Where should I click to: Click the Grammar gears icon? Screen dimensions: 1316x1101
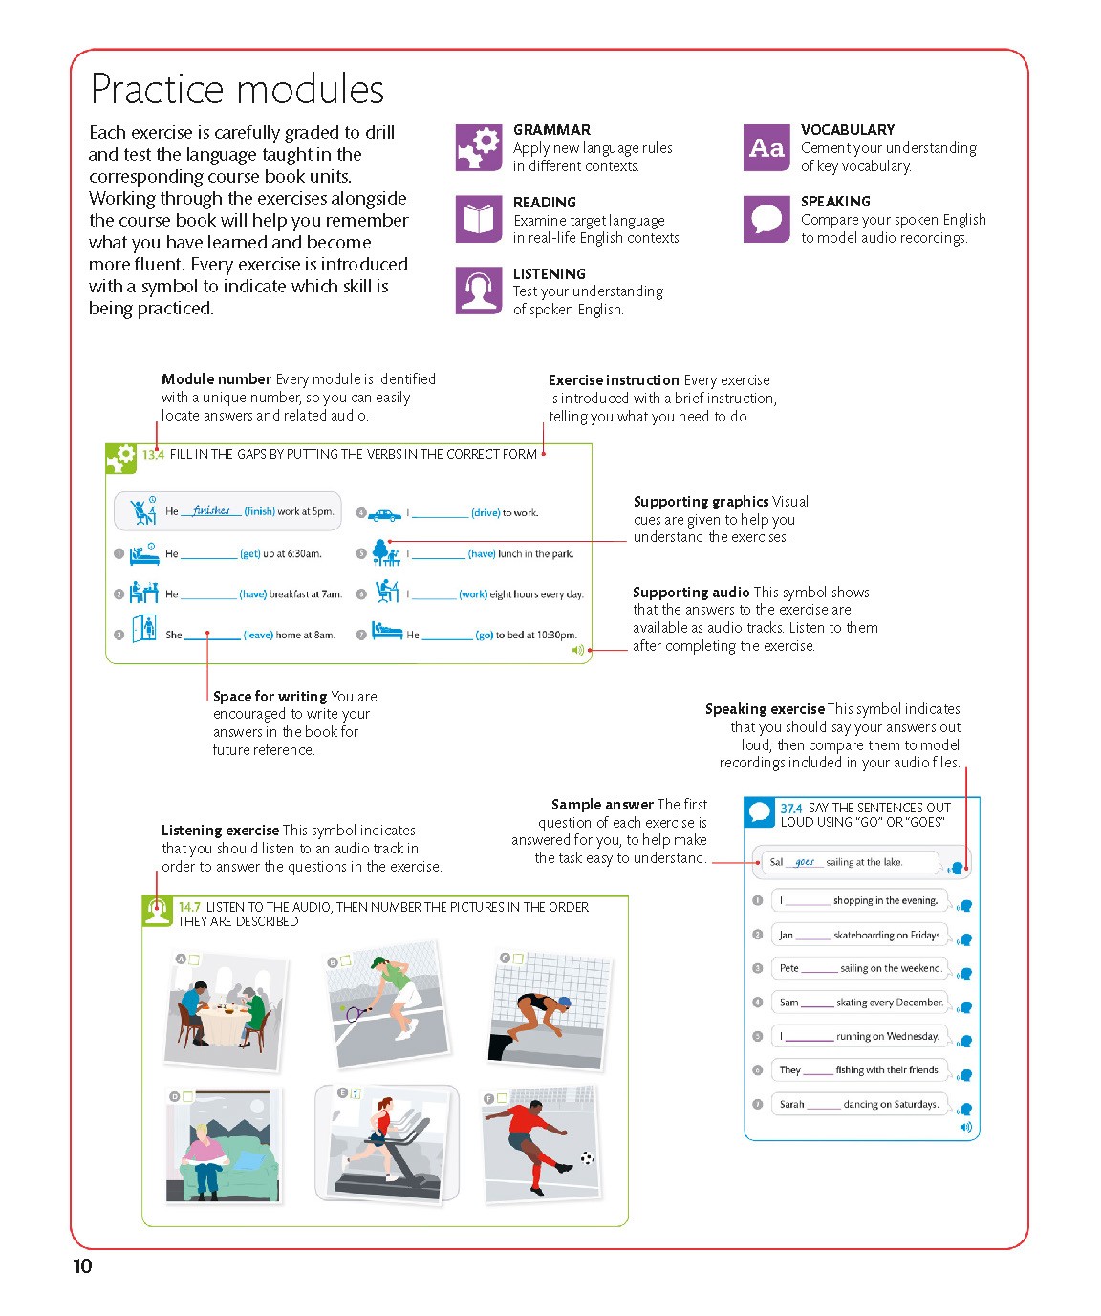tap(479, 148)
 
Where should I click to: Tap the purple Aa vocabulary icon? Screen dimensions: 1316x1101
tap(766, 148)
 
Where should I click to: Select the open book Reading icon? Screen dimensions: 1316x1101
tap(479, 220)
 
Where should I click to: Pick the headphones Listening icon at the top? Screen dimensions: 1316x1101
tap(479, 291)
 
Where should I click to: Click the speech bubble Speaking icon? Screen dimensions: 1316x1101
tap(766, 219)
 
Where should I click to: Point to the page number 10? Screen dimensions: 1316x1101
tap(83, 1266)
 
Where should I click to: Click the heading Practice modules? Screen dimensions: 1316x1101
tap(237, 90)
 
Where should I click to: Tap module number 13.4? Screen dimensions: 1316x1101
tap(153, 455)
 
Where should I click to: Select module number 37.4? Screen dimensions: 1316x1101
tap(790, 809)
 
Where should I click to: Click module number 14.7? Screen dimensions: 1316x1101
tap(189, 907)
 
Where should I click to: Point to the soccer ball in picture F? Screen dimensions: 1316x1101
tap(587, 1158)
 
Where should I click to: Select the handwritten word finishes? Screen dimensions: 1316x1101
tap(211, 510)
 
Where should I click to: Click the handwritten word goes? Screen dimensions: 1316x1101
tap(805, 862)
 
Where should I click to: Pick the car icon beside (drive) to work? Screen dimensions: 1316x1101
tap(384, 514)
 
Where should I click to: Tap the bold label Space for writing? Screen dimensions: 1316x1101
tap(270, 697)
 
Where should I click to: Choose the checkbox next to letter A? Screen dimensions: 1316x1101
tap(194, 960)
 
